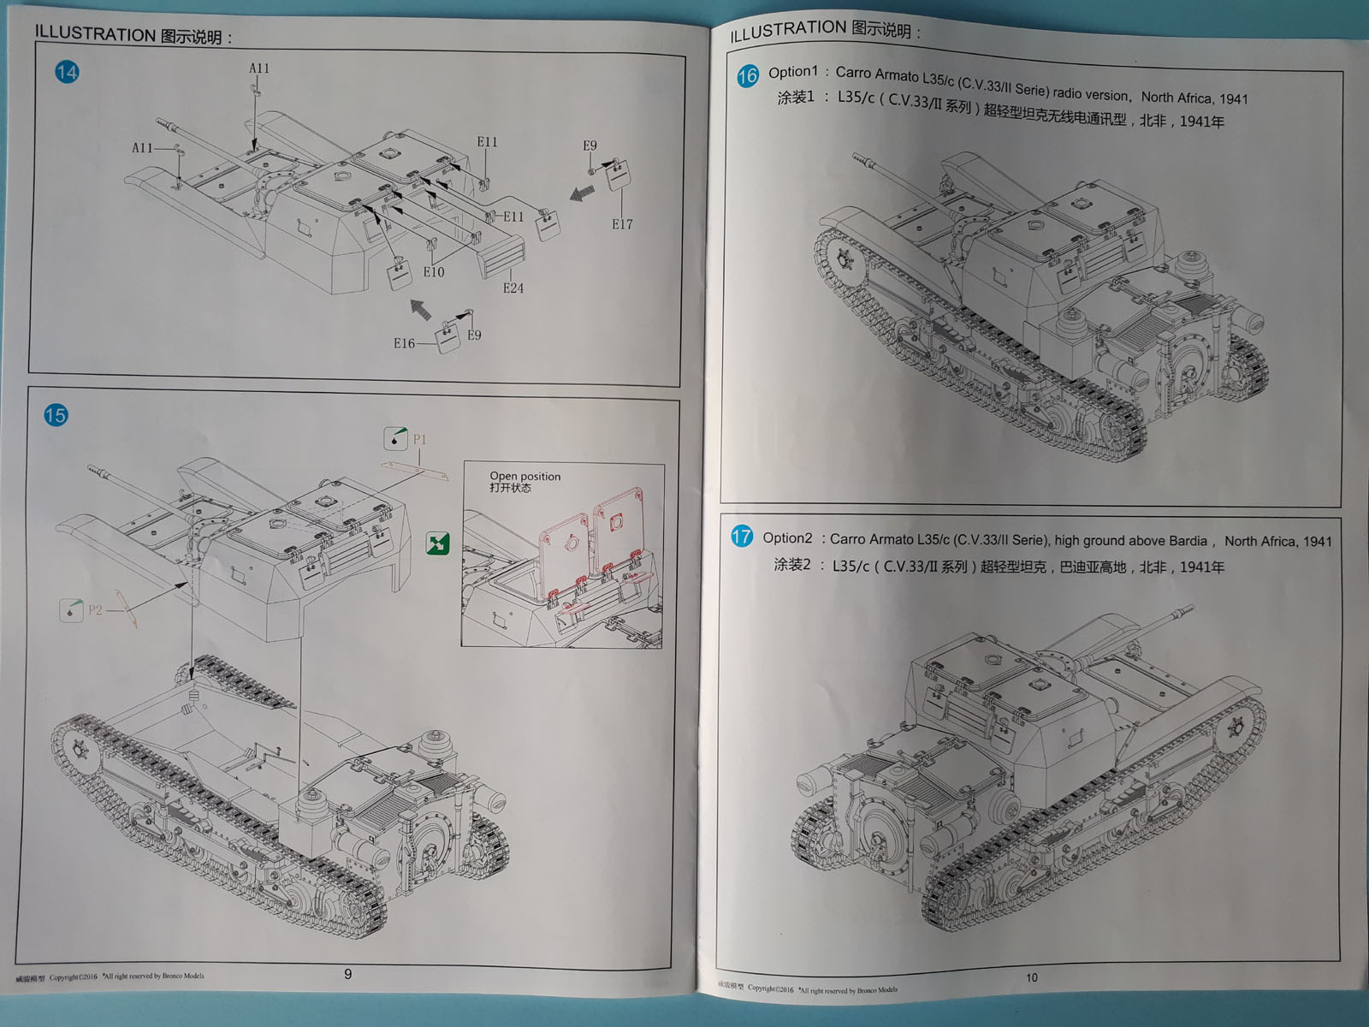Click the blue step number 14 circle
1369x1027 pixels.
point(67,72)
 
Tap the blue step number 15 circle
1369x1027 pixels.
point(56,415)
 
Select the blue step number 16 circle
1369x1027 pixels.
point(747,75)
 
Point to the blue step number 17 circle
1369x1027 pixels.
point(741,537)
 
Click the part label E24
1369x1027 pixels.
point(513,288)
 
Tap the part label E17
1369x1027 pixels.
point(622,224)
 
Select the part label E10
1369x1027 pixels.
point(434,272)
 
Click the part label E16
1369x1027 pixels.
point(404,343)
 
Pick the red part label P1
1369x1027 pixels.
point(419,439)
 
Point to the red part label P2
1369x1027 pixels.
point(95,609)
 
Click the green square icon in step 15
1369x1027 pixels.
point(437,543)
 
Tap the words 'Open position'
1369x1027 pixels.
point(524,476)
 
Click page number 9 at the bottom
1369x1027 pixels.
point(347,974)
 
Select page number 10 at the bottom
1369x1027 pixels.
point(1031,977)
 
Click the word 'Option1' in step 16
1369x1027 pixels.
point(792,72)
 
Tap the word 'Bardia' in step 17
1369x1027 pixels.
point(1187,541)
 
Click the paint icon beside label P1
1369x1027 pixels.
point(395,438)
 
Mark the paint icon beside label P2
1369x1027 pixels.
point(71,609)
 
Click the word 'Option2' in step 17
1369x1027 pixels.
point(787,537)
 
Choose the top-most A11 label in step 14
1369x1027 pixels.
point(258,68)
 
